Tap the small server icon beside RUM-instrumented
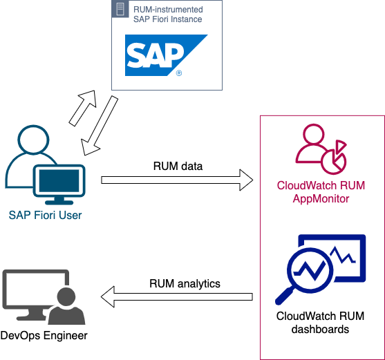point(120,10)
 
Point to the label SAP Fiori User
point(45,215)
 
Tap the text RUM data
point(178,166)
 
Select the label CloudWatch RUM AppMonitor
point(321,191)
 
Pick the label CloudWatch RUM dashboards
point(321,323)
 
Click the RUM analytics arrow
point(177,298)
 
